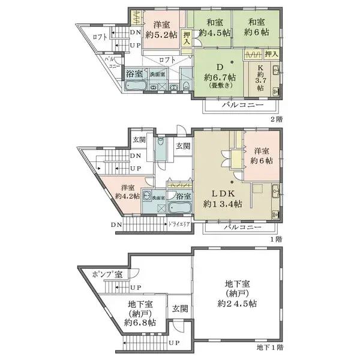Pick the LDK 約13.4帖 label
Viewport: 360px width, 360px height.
click(221, 199)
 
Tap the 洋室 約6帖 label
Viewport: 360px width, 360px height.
click(262, 156)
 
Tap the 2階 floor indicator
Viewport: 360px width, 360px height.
click(276, 119)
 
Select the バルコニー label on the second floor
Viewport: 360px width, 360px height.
click(239, 104)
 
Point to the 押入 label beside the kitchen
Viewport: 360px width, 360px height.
click(271, 54)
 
